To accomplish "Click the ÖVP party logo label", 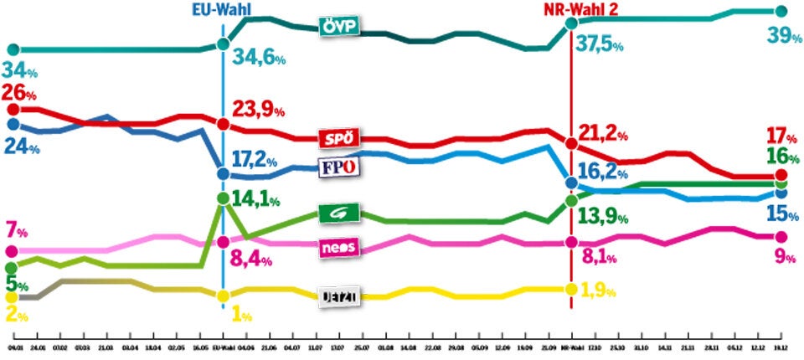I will tap(340, 27).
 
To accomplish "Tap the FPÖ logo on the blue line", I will tap(340, 167).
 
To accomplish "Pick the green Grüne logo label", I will tap(340, 214).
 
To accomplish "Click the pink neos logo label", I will tap(340, 249).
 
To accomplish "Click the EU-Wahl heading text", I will tap(221, 10).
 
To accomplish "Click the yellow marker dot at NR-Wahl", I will tap(571, 289).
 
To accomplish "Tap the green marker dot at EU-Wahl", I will tap(222, 199).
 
